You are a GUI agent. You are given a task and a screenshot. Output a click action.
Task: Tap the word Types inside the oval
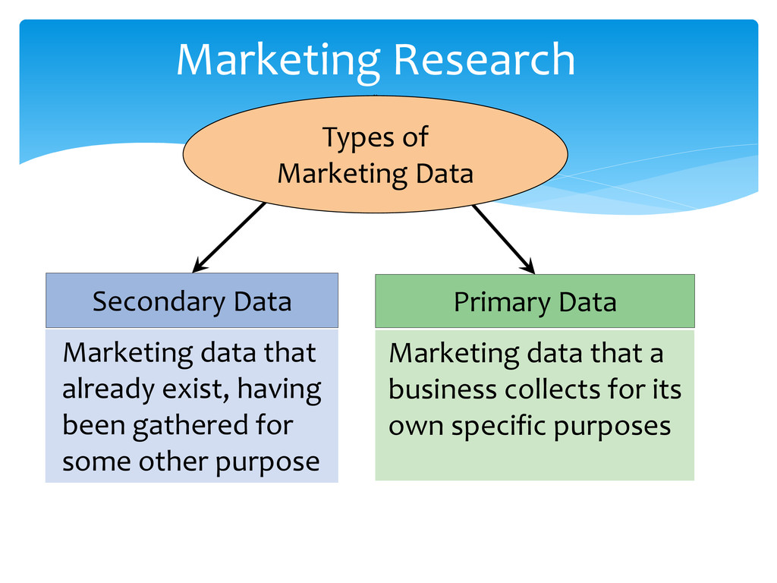coord(350,139)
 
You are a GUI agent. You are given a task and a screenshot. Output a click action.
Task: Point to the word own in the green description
coord(416,426)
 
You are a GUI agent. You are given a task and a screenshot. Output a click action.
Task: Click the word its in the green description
coord(665,390)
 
